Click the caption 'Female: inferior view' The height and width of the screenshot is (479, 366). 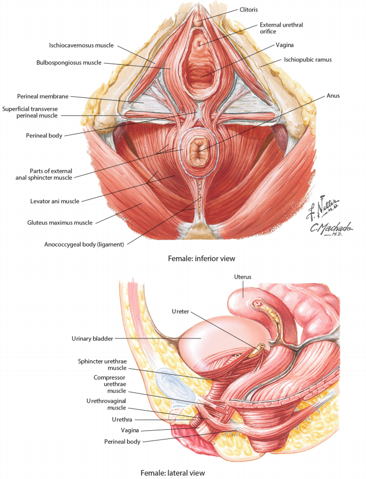pos(201,259)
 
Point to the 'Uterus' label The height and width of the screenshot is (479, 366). pos(242,276)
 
